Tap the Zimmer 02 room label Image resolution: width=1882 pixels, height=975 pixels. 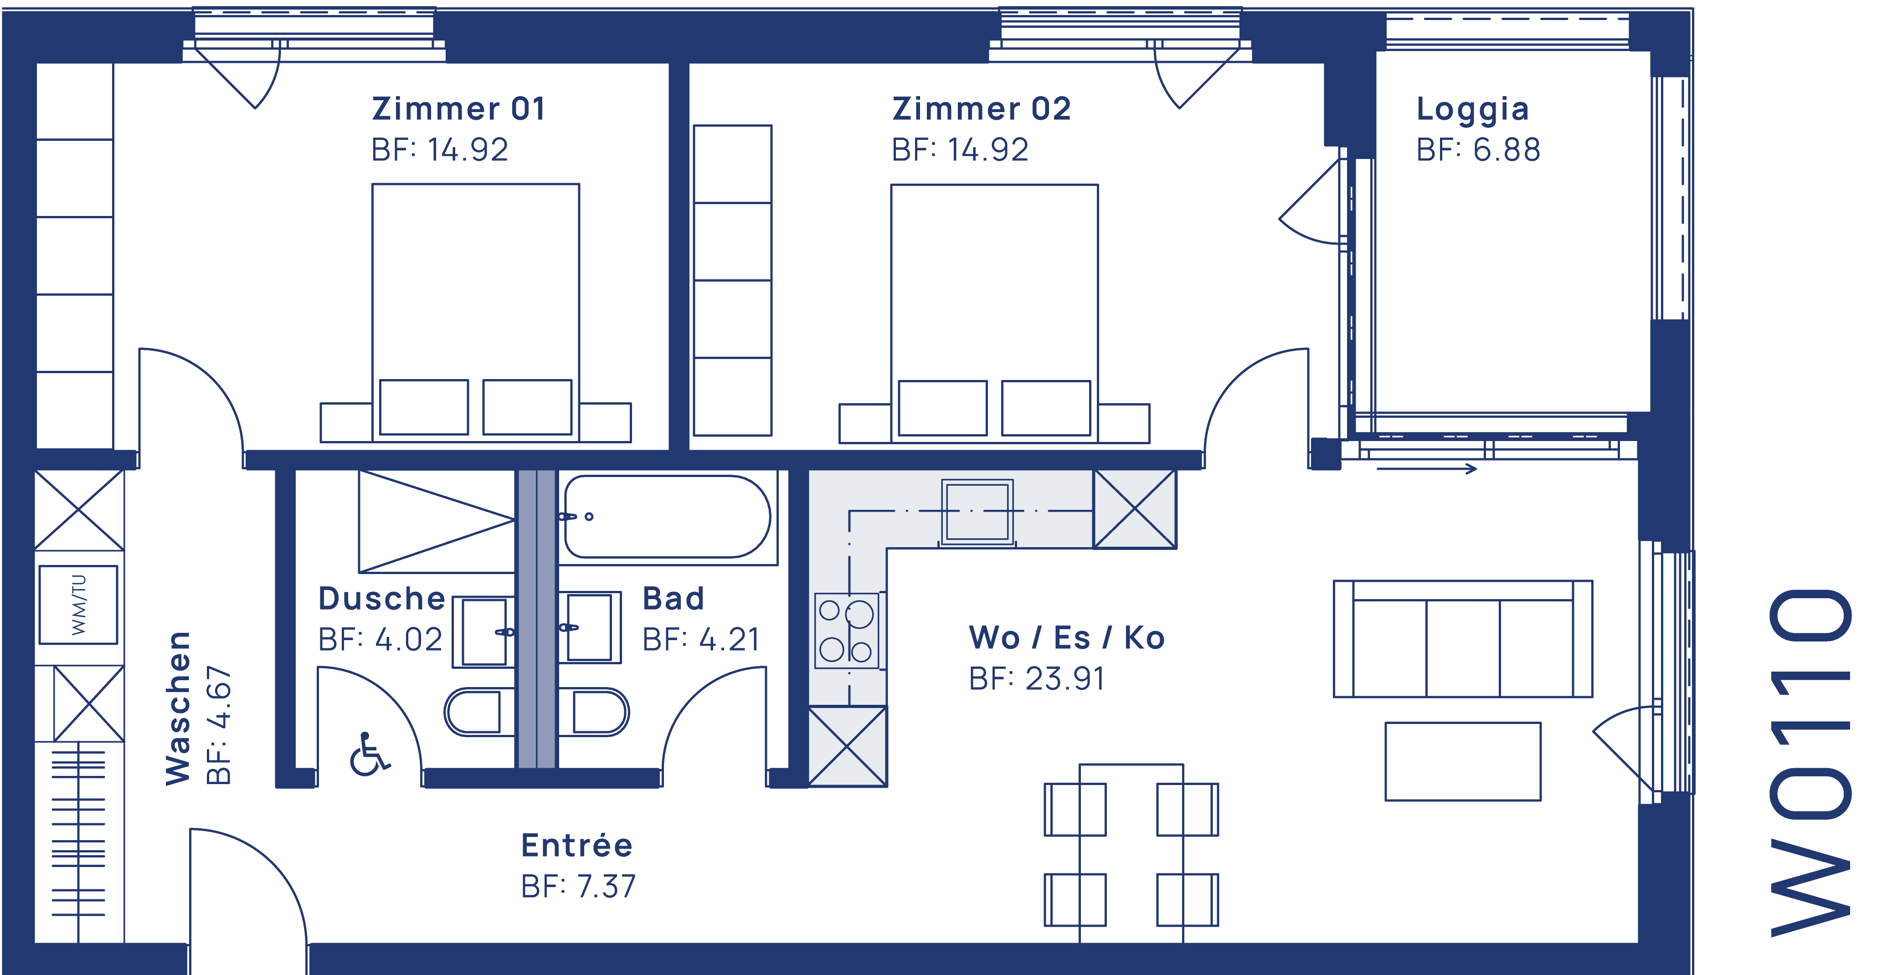pos(981,109)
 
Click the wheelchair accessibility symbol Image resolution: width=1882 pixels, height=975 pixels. pos(369,754)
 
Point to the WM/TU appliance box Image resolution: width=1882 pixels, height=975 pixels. pos(78,605)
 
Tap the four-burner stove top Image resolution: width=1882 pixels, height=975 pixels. pos(847,630)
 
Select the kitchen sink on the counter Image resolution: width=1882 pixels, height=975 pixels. pos(977,511)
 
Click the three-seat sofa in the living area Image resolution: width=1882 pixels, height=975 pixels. pos(1463,639)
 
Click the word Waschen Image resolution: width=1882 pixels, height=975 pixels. pos(178,708)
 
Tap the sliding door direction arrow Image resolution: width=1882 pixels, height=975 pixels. pos(1426,469)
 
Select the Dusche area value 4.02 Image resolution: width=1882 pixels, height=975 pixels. pos(408,640)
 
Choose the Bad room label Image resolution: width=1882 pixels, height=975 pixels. pos(673,599)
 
